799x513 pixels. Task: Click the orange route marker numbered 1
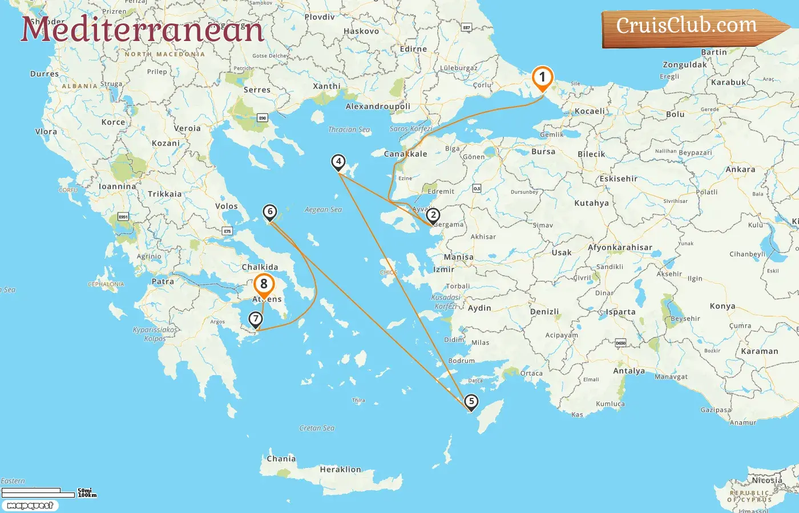tap(542, 78)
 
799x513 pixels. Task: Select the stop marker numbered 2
tap(433, 215)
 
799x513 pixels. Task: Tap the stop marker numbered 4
tap(338, 162)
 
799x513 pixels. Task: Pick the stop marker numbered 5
tap(471, 401)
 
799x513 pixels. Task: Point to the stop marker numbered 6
tap(270, 212)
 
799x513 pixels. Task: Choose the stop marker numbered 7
tap(256, 319)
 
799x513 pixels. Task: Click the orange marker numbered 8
tap(264, 284)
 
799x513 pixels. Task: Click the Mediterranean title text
tap(143, 30)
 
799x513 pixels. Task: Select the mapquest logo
tap(30, 506)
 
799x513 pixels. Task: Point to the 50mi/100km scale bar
tap(49, 492)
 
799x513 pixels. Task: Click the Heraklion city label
tap(340, 470)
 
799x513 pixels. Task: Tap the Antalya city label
tap(629, 371)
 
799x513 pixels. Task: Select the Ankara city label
tap(740, 170)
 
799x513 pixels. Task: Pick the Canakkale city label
tap(405, 154)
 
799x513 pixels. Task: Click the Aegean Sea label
tap(323, 210)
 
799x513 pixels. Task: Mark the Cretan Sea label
tap(317, 428)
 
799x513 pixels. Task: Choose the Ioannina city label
tap(118, 186)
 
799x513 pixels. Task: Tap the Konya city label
tap(723, 306)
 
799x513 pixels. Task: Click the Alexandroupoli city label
tap(378, 107)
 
